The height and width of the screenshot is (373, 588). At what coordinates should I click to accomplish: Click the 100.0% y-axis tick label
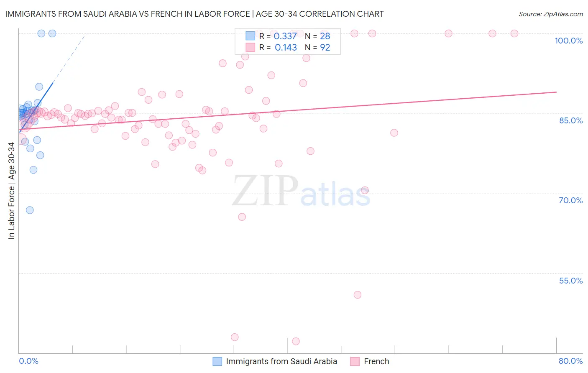[x=568, y=41]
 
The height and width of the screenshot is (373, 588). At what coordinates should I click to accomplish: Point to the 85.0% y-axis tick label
[x=570, y=120]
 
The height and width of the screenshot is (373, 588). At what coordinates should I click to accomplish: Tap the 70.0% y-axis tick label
[x=570, y=200]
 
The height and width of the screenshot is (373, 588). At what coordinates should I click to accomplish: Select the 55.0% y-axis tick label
[x=570, y=281]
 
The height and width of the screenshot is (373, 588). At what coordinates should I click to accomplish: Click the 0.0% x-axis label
[x=28, y=361]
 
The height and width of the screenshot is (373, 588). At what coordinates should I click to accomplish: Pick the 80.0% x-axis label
[x=570, y=361]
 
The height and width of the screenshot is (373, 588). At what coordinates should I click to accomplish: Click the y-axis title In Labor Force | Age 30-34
[x=11, y=191]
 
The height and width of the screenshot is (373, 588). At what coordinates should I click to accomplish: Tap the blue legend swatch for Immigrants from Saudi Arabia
[x=217, y=361]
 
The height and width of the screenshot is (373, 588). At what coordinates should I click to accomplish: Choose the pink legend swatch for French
[x=355, y=361]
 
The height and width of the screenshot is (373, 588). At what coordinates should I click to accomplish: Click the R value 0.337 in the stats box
[x=285, y=36]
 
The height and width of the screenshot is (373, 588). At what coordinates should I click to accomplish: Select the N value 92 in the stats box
[x=325, y=48]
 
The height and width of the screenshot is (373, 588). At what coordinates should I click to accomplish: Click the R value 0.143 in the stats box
[x=286, y=48]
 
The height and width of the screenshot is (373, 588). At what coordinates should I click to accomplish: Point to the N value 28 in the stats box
[x=325, y=36]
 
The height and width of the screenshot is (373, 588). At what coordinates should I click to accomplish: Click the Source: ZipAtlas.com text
[x=550, y=14]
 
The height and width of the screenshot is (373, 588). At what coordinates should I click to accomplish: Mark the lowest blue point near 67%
[x=30, y=210]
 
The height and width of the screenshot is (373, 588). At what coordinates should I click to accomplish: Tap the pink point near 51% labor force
[x=358, y=295]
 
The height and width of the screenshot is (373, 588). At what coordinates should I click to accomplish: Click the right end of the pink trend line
[x=556, y=92]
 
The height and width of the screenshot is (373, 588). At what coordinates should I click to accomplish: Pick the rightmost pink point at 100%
[x=514, y=33]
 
